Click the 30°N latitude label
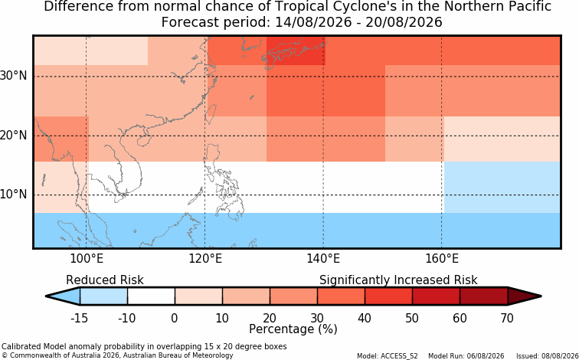pyautogui.click(x=14, y=76)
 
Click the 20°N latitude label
pyautogui.click(x=14, y=135)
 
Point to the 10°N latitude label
pyautogui.click(x=14, y=195)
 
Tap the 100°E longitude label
pyautogui.click(x=87, y=259)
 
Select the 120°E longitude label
pyautogui.click(x=205, y=259)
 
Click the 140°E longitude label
pyautogui.click(x=323, y=259)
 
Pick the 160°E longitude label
pyautogui.click(x=442, y=259)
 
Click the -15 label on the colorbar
pyautogui.click(x=79, y=318)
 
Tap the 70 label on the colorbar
pyautogui.click(x=507, y=318)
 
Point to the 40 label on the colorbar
pyautogui.click(x=365, y=318)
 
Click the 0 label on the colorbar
pyautogui.click(x=175, y=318)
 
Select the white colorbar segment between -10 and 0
pyautogui.click(x=151, y=296)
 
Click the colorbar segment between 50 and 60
pyautogui.click(x=436, y=296)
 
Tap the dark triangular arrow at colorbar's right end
pyautogui.click(x=522, y=296)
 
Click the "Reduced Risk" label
pyautogui.click(x=105, y=280)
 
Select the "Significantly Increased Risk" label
pyautogui.click(x=398, y=280)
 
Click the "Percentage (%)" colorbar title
pyautogui.click(x=293, y=329)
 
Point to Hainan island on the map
pyautogui.click(x=143, y=141)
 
